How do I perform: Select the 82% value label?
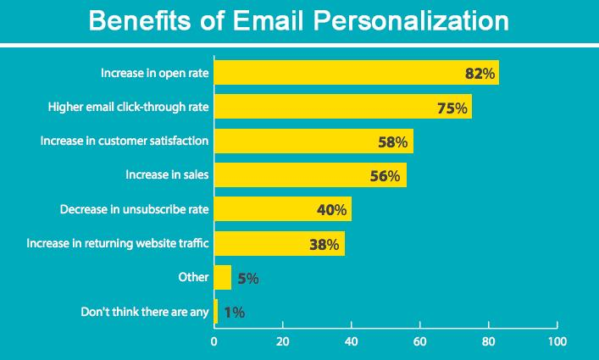coord(480,74)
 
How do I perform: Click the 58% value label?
coord(393,142)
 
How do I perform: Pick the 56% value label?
coord(387,176)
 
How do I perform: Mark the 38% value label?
coord(324,245)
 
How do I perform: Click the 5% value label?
coord(247,278)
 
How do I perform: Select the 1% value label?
coord(235,313)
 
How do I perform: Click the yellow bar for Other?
coord(223,278)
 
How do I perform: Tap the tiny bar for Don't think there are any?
coord(216,312)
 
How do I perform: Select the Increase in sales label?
coord(167,175)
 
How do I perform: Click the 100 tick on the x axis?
coord(557,341)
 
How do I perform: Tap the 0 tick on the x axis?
coord(214,341)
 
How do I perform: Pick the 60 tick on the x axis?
coord(420,341)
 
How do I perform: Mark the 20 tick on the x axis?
coord(282,341)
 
